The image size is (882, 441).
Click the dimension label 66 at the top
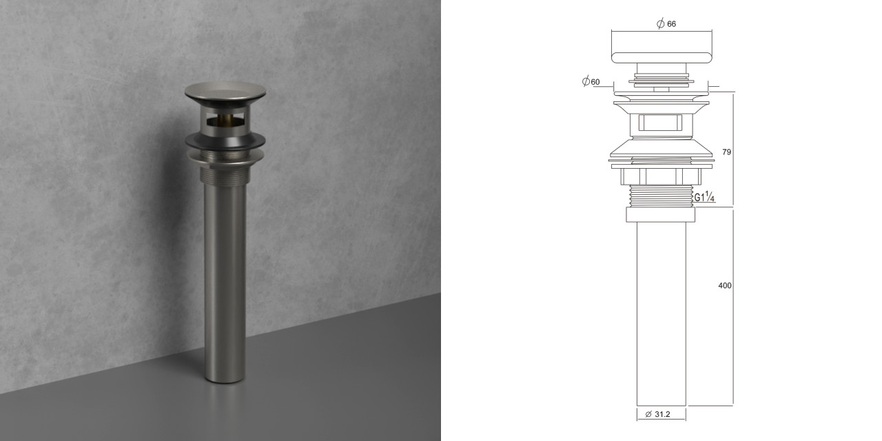pos(671,24)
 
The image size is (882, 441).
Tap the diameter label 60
pos(595,82)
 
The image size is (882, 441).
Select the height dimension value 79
pos(726,152)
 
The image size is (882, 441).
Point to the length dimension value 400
pos(725,285)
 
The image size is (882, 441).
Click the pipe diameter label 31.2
pos(662,414)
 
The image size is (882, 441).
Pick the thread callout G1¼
pos(704,196)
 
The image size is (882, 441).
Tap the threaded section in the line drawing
pos(661,196)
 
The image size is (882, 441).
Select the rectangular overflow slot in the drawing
pos(661,123)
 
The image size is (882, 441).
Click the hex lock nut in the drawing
pos(661,176)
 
